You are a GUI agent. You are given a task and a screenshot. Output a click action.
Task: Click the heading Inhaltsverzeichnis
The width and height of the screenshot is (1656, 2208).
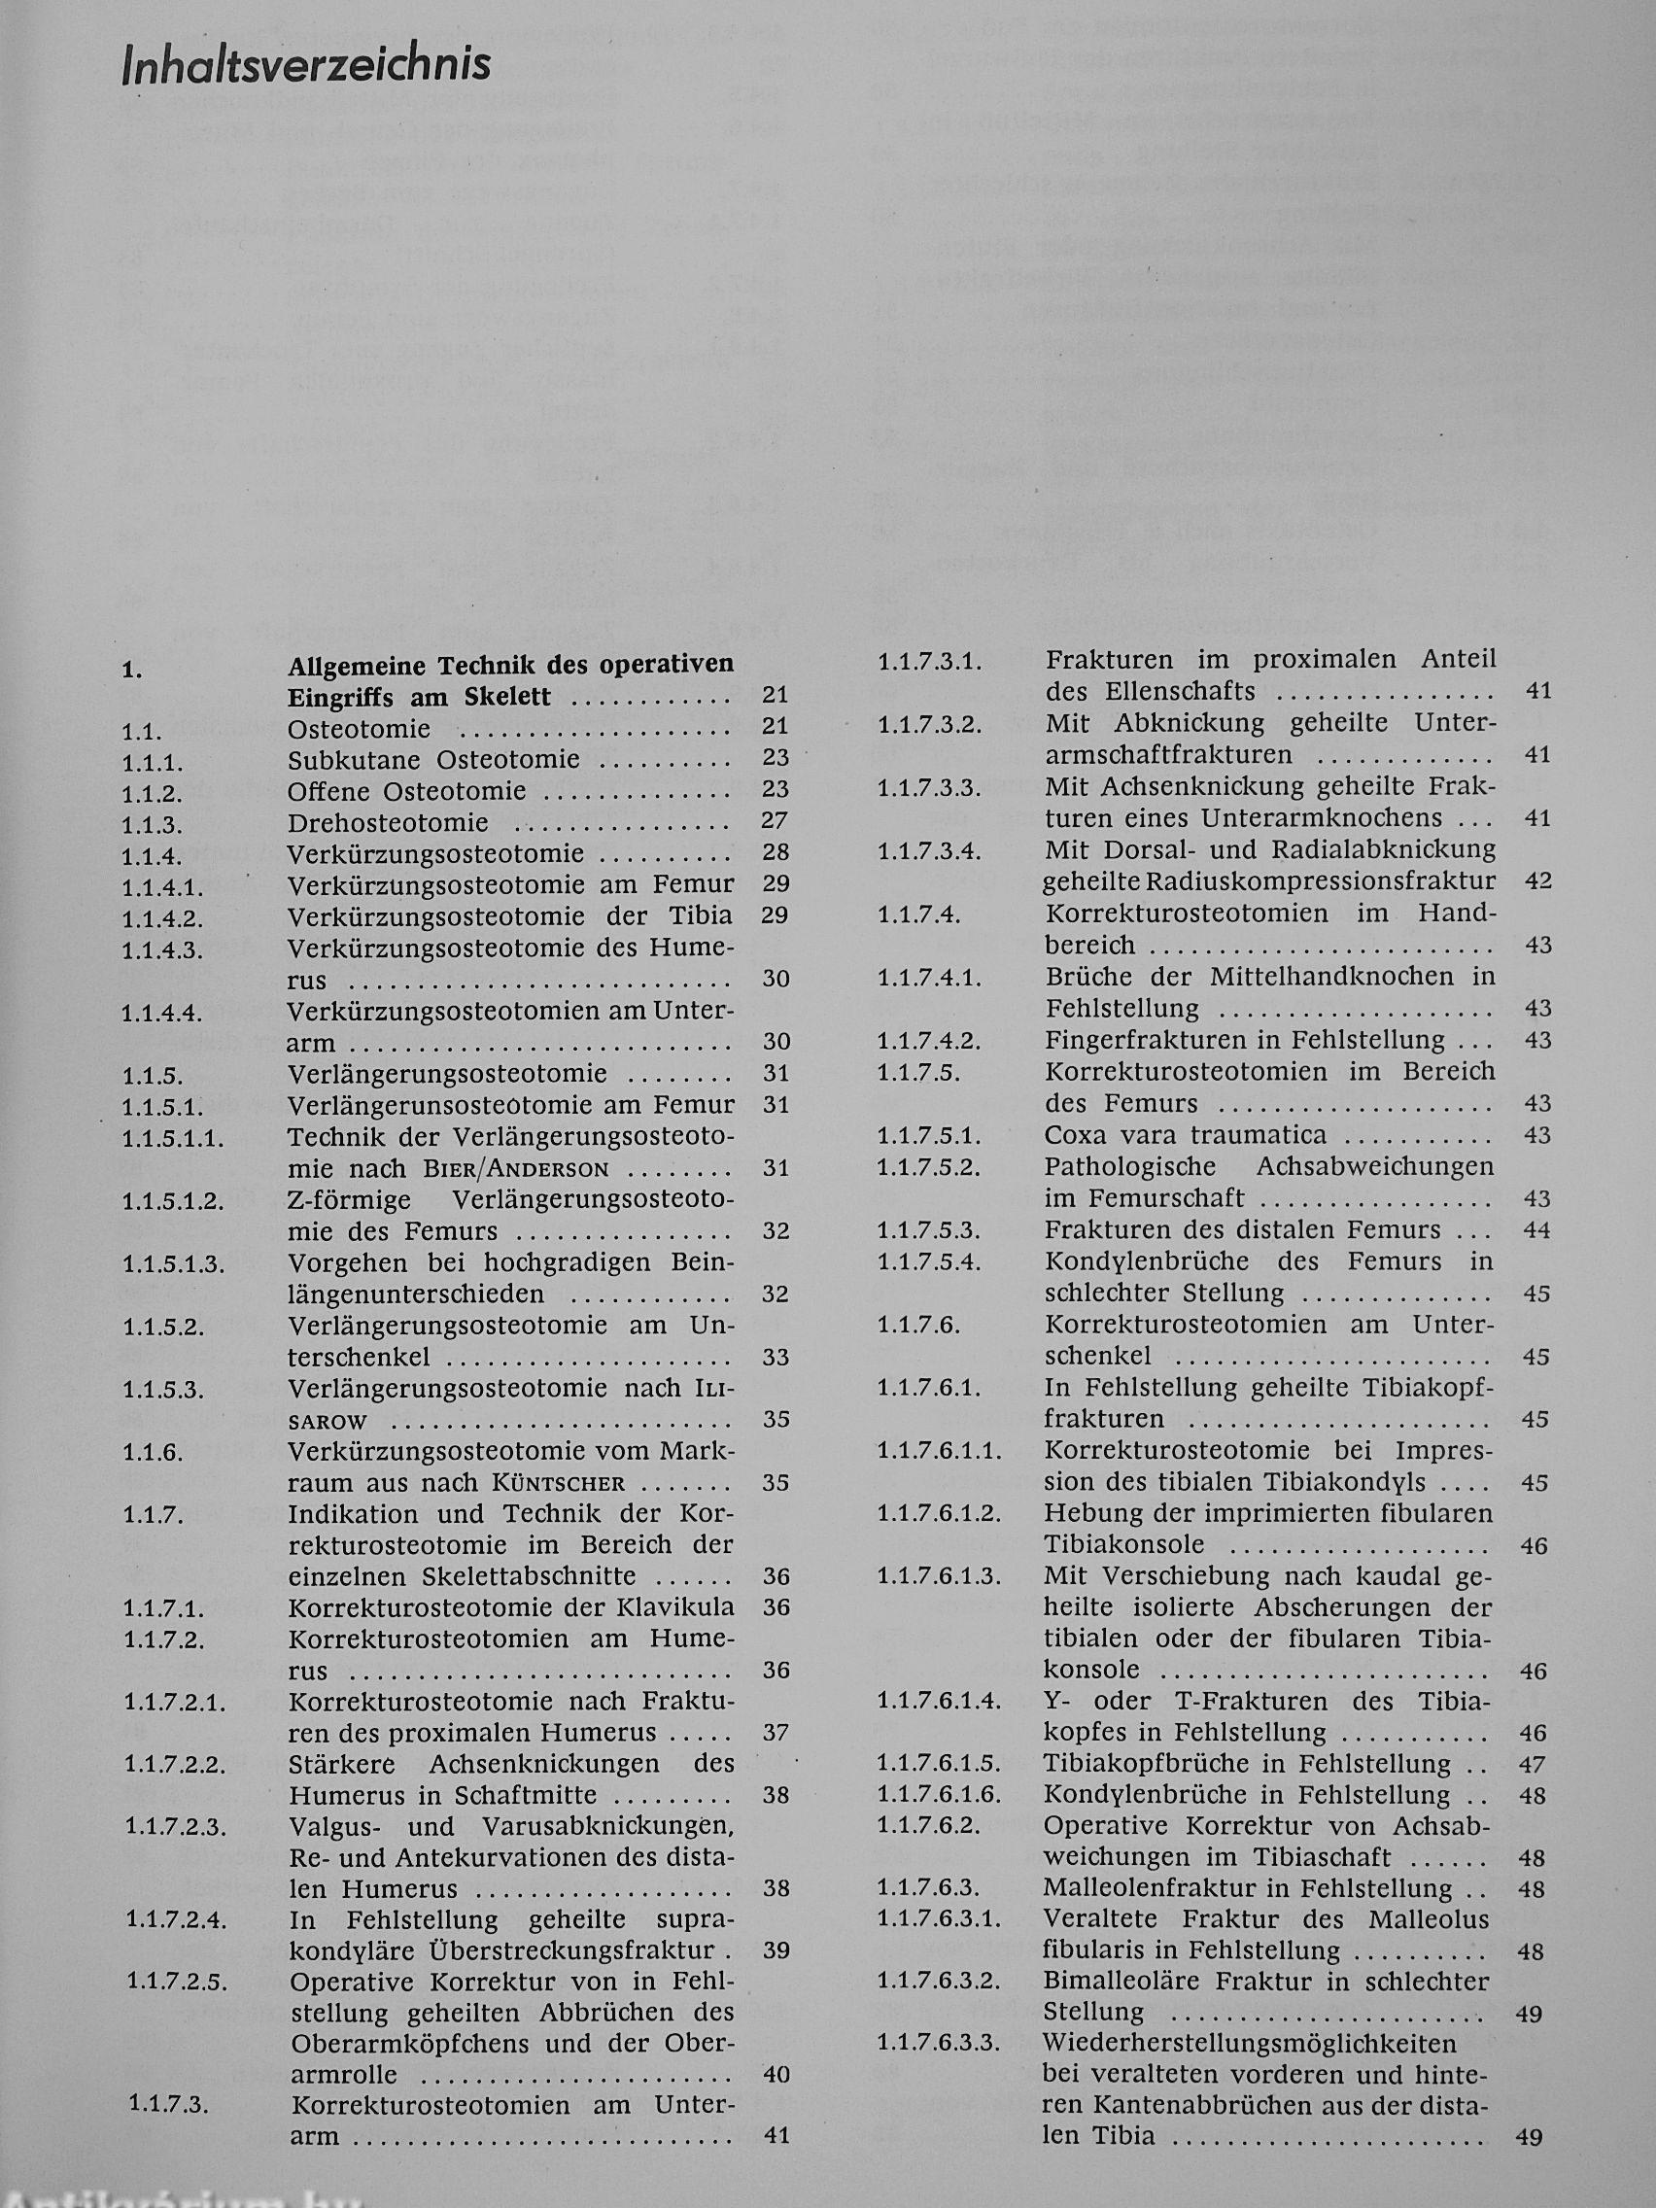coord(306,65)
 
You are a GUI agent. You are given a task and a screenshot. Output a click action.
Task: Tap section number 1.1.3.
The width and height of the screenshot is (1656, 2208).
coord(152,826)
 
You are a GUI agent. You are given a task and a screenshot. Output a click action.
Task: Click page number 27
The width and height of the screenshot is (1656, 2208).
coord(775,820)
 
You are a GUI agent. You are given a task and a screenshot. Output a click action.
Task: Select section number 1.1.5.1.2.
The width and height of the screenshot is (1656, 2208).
coord(173,1202)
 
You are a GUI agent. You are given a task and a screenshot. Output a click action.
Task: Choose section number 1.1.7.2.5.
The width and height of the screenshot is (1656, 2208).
coord(177,1982)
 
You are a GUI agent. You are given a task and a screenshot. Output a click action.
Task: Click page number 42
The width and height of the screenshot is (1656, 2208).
coord(1538,881)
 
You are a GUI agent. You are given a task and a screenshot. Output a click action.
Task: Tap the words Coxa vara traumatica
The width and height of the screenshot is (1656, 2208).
coord(1186,1135)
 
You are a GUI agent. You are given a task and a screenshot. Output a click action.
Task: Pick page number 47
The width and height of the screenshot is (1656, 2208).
coord(1533,1765)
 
